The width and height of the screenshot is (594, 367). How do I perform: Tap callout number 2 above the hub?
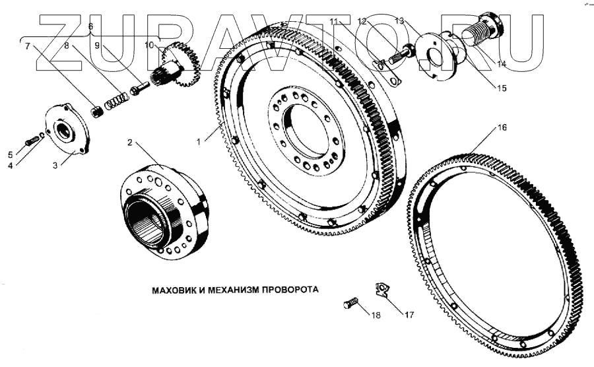click(x=130, y=143)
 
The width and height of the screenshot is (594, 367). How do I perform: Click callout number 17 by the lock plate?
click(x=409, y=315)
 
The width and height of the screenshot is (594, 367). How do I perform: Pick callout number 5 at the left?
click(x=10, y=154)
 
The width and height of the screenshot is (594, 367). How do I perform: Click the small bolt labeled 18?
click(x=350, y=304)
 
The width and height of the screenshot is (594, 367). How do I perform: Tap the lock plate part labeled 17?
click(x=382, y=289)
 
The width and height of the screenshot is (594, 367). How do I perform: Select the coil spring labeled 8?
click(x=117, y=99)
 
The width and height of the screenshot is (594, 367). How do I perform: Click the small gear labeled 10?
click(x=180, y=65)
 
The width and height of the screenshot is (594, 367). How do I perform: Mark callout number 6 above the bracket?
click(x=90, y=25)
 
